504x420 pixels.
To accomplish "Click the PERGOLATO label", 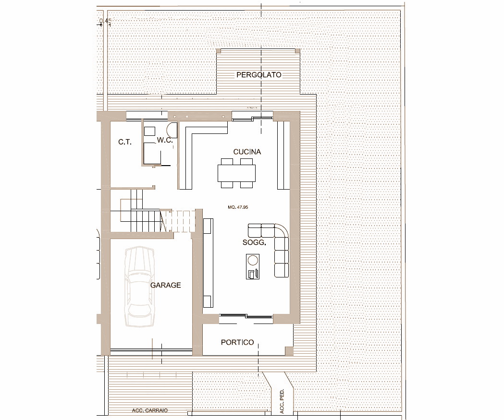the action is pyautogui.click(x=259, y=75).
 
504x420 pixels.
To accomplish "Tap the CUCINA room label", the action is pyautogui.click(x=247, y=152).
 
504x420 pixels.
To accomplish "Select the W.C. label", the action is pyautogui.click(x=165, y=140).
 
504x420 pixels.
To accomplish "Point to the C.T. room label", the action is pyautogui.click(x=125, y=142).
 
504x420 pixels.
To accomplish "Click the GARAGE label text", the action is pyautogui.click(x=166, y=285).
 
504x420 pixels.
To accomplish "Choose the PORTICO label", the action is pyautogui.click(x=237, y=342).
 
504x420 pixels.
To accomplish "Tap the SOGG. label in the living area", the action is pyautogui.click(x=254, y=242).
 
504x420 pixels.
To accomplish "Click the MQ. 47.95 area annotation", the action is pyautogui.click(x=238, y=207).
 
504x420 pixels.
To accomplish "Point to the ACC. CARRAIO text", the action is pyautogui.click(x=150, y=410).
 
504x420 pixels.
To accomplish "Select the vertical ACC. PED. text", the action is pyautogui.click(x=282, y=401).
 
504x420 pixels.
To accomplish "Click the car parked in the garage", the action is pyautogui.click(x=139, y=287).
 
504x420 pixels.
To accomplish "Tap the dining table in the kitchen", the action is pyautogui.click(x=236, y=173).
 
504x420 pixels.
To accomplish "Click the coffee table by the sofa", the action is pyautogui.click(x=253, y=266).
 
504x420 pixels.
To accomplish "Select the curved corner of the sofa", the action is pyautogui.click(x=283, y=230).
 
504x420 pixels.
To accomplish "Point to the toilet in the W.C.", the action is pyautogui.click(x=172, y=130).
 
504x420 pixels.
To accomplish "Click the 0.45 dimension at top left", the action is pyautogui.click(x=105, y=21).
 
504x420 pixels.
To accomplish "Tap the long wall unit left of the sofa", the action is pyautogui.click(x=208, y=263).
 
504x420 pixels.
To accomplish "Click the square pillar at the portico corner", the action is pyautogui.click(x=289, y=351).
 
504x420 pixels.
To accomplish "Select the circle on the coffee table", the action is pyautogui.click(x=253, y=260).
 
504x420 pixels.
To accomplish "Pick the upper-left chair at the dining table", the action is pyautogui.click(x=227, y=161).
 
